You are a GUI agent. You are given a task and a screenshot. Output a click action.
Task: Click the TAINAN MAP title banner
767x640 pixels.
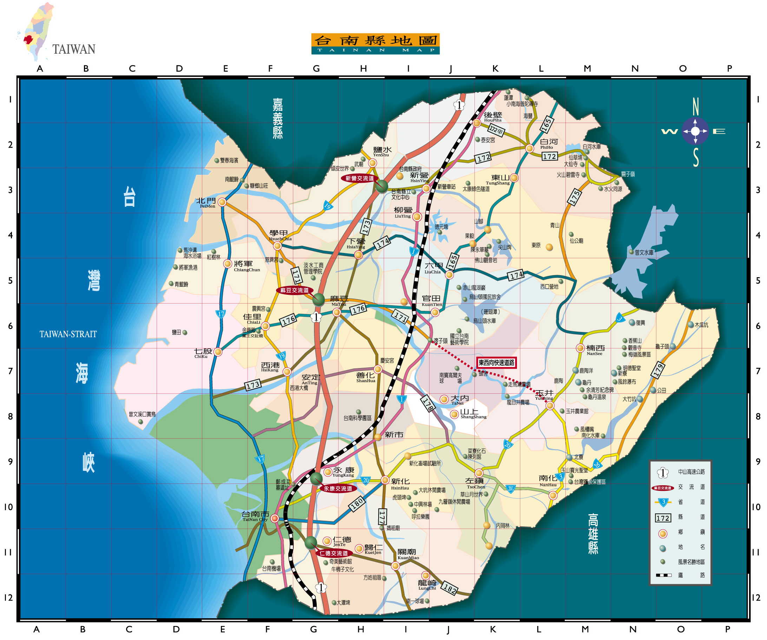coord(375,44)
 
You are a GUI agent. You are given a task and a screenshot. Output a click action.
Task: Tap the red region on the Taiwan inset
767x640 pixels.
coord(28,39)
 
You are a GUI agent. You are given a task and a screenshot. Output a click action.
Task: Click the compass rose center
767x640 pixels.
coord(695,131)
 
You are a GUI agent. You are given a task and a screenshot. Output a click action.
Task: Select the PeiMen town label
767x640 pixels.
coord(206,202)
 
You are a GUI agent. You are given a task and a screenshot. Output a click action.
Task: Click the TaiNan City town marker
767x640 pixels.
coord(275,519)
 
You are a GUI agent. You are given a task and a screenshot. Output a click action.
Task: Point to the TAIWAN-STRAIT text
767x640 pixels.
coord(68,334)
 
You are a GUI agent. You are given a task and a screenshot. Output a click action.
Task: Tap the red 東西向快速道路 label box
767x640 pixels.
coord(496,362)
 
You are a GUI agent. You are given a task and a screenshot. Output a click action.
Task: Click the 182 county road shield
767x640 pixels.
coord(449,588)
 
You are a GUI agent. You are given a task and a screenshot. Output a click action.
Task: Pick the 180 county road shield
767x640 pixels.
coord(357,504)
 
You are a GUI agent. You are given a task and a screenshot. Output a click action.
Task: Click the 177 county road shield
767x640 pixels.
coord(382,518)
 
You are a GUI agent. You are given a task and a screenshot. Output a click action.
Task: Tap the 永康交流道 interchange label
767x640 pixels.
coord(337,488)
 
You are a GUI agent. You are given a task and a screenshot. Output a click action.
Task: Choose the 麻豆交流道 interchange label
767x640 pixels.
coord(294,291)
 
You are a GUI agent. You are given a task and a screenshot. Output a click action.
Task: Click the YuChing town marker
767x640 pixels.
coord(550,406)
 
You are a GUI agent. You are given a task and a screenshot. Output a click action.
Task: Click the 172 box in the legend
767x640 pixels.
coord(663,518)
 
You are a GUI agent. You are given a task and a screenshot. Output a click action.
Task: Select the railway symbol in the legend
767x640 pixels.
coord(663,575)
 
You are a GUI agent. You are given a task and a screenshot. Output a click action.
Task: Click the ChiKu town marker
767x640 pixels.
coord(218,352)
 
